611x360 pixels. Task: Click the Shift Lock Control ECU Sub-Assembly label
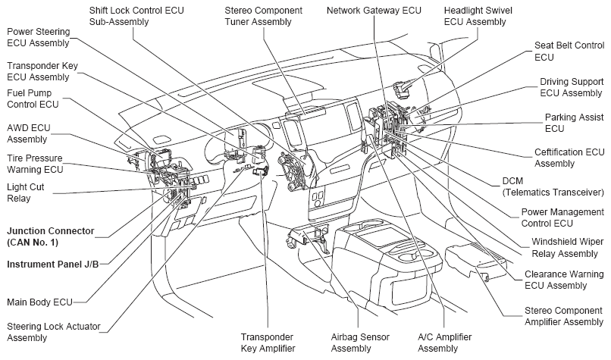point(136,16)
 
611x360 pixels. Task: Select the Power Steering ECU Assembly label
point(39,37)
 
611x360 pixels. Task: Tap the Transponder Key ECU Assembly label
point(42,71)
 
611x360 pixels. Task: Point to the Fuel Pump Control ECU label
point(33,99)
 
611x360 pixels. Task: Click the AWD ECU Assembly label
point(29,133)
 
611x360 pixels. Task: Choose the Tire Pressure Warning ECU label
point(35,164)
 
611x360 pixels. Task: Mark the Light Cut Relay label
point(25,193)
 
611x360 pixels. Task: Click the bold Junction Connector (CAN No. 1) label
point(51,236)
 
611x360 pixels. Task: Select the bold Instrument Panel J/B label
point(52,265)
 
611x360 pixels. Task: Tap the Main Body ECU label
point(39,302)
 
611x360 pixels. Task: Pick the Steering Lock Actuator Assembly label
point(54,332)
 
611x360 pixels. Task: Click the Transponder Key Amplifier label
point(268,343)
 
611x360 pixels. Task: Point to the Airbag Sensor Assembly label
point(360,343)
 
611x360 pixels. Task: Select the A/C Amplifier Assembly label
point(445,343)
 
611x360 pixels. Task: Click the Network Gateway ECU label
point(374,11)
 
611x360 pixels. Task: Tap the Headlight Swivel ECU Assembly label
point(478,16)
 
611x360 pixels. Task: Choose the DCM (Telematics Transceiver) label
point(553,186)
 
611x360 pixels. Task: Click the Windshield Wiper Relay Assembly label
point(568,248)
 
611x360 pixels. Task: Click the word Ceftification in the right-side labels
point(558,152)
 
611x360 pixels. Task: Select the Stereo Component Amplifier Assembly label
point(564,316)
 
